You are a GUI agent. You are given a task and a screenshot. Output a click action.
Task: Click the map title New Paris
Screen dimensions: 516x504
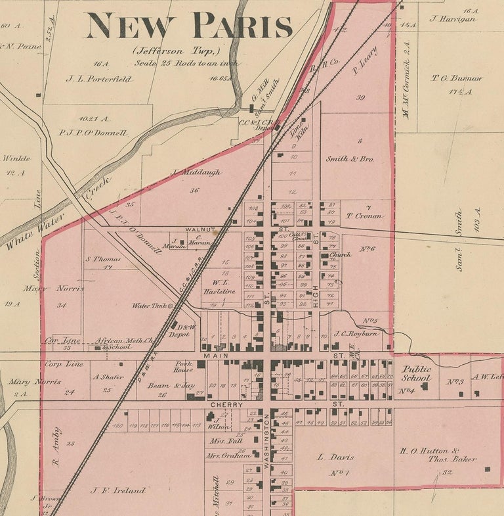[189, 26]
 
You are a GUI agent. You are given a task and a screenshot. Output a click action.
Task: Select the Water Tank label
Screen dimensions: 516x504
[149, 306]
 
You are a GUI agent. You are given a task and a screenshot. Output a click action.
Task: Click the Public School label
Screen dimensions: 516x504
[417, 373]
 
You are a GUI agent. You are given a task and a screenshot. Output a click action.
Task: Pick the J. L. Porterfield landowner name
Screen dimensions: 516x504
[99, 79]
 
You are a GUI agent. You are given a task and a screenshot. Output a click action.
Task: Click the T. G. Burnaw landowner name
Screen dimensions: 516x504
[457, 78]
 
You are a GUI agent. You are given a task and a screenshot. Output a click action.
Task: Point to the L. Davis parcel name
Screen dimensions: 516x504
[335, 457]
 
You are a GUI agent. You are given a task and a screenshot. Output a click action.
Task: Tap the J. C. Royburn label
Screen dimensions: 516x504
[354, 334]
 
